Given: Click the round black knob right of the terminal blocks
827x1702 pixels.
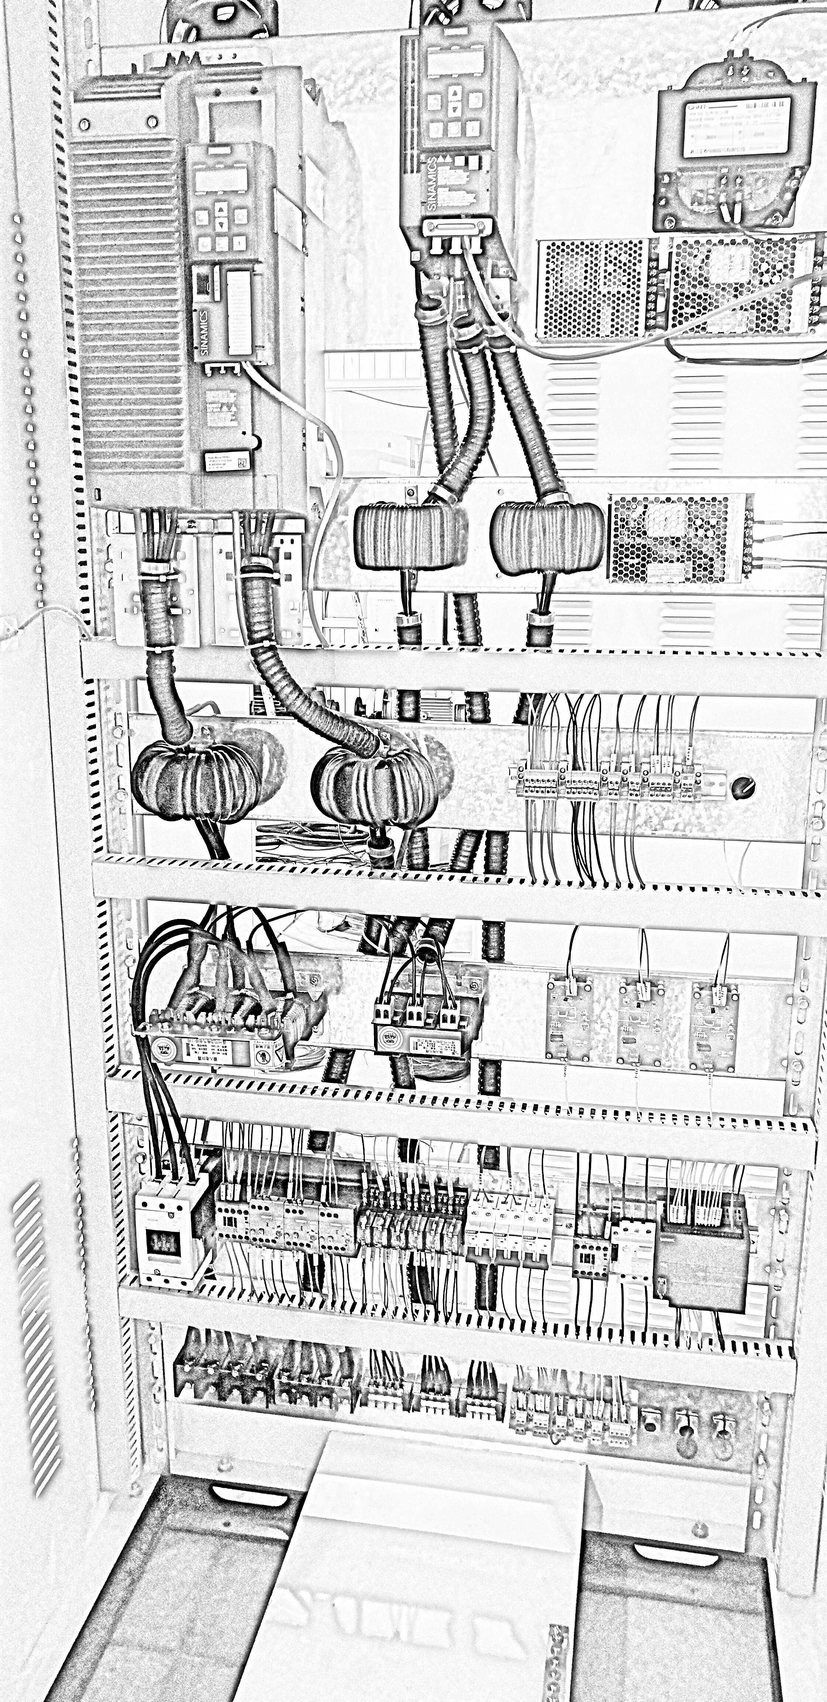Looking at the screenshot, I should (x=743, y=786).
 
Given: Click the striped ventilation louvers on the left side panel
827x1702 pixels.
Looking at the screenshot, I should (x=34, y=1328).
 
